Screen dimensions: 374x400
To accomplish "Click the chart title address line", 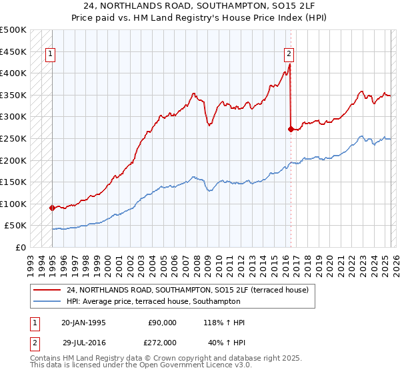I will (199, 6).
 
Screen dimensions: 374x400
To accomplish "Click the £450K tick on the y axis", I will (13, 51).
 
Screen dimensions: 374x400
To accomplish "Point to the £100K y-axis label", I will (13, 204).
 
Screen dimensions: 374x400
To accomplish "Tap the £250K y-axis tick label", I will (13, 138).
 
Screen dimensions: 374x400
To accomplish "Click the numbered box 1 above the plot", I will (51, 55).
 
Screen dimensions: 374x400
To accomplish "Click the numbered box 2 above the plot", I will (289, 55).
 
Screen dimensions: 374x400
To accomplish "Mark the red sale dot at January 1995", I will (52, 208).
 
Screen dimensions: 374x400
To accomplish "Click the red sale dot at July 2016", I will (291, 129).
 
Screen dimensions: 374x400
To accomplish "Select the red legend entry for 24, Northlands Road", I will (187, 291).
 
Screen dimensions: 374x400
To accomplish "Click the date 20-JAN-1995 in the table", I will (83, 323).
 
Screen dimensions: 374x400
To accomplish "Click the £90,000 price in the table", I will (161, 323).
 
